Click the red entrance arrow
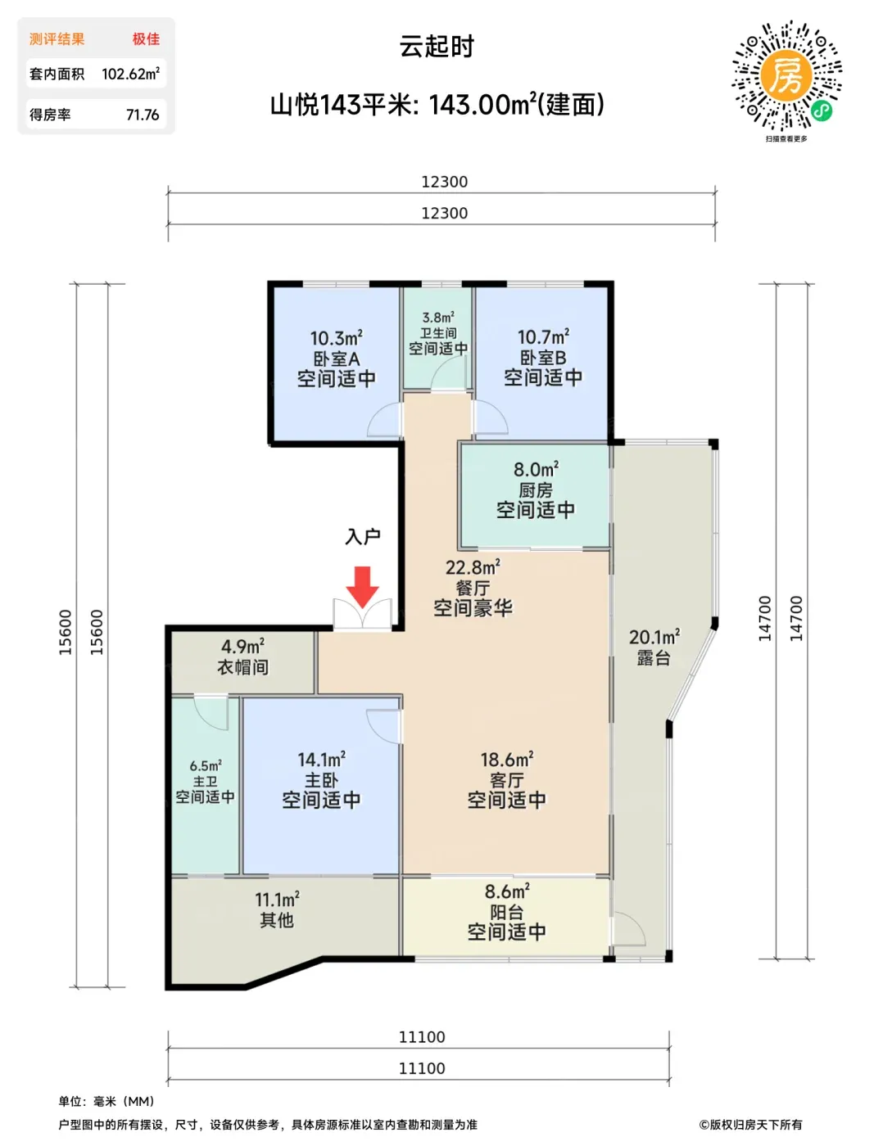(x=363, y=586)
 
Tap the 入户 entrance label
(x=363, y=537)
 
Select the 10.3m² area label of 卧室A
(x=336, y=338)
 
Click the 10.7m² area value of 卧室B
(x=543, y=337)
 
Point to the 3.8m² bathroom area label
(x=437, y=318)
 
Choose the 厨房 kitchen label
(x=536, y=490)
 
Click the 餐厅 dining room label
(x=473, y=588)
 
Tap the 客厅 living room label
(x=506, y=780)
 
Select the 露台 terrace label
(x=654, y=658)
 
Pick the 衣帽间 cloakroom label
(x=243, y=666)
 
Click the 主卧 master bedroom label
(x=321, y=781)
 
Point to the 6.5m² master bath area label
(x=206, y=766)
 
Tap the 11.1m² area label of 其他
(x=277, y=900)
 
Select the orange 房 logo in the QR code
(x=786, y=75)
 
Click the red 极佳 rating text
(x=146, y=39)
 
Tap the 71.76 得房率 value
(x=143, y=115)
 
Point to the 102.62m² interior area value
(x=130, y=74)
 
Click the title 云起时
(x=437, y=47)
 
